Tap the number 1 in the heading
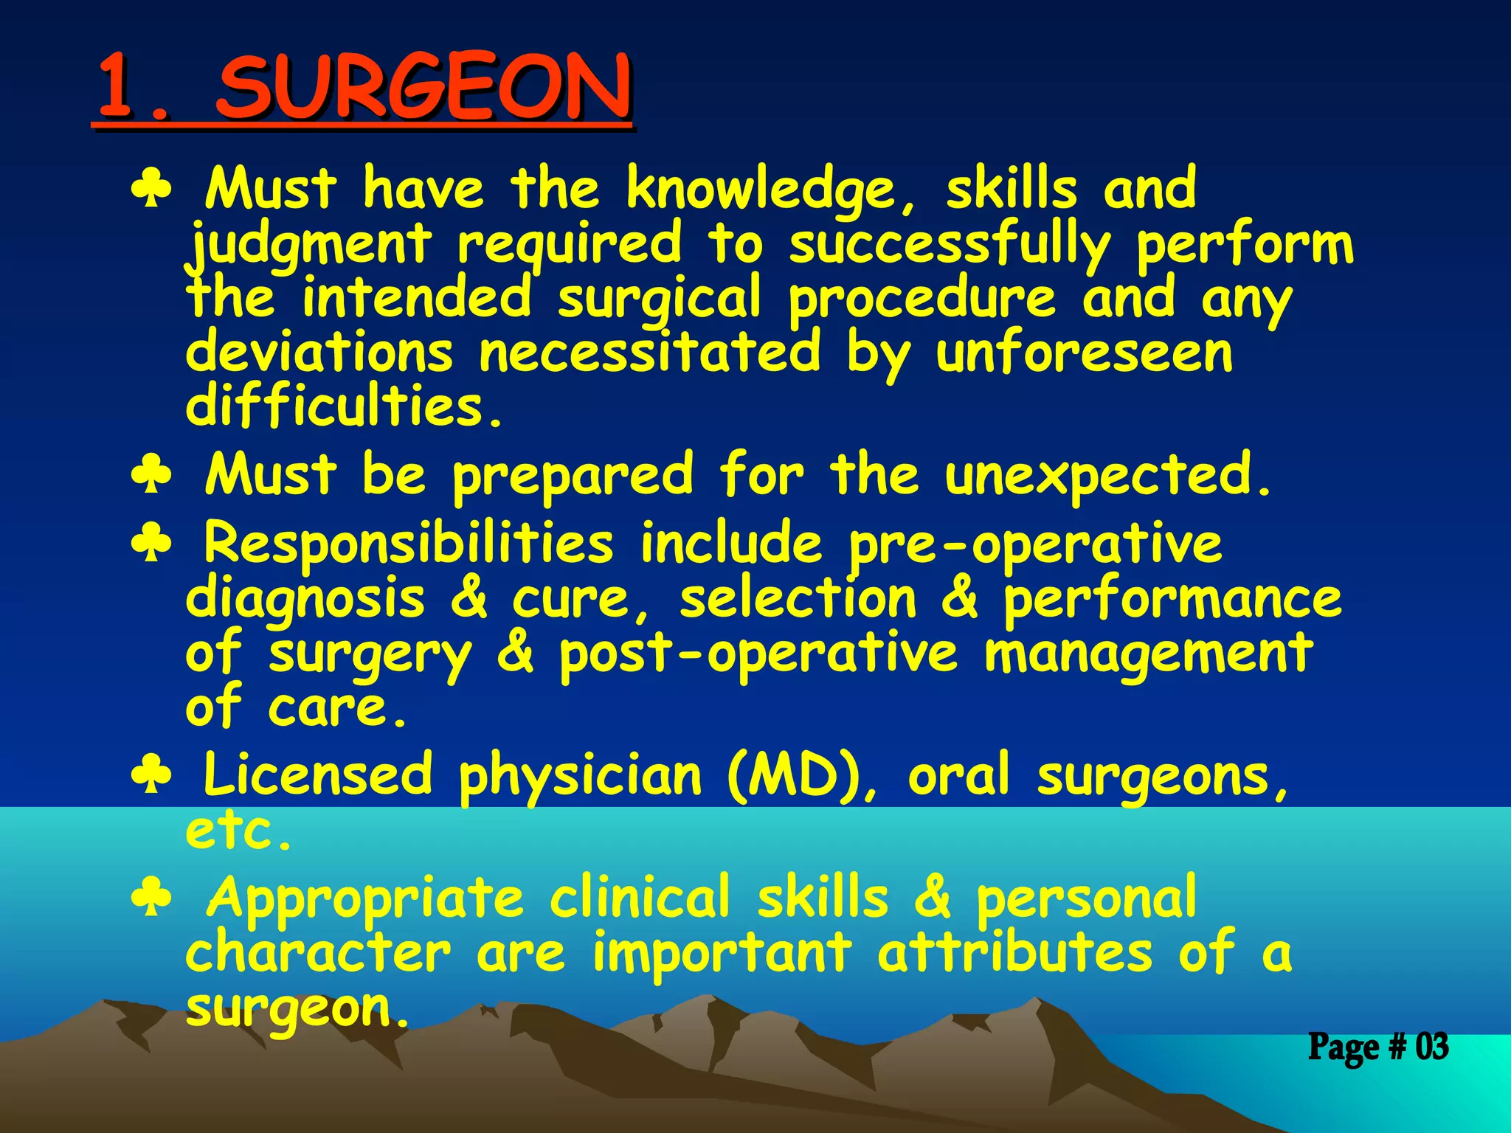click(118, 89)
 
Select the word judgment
click(308, 245)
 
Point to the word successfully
click(950, 245)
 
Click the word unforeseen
click(1085, 353)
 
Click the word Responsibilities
click(408, 544)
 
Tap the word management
click(1148, 655)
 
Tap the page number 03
click(1431, 1047)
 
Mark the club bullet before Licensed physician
click(151, 776)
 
